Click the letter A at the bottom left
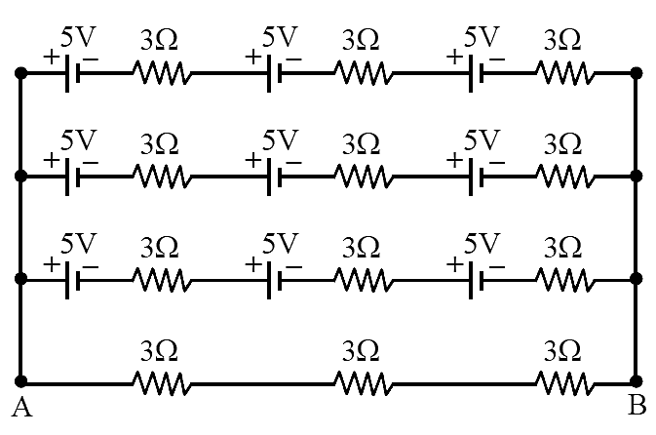tap(21, 408)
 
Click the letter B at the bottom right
tap(637, 406)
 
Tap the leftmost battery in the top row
tap(72, 73)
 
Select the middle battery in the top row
tap(274, 73)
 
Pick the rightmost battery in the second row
tap(476, 177)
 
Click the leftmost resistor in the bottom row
tap(162, 382)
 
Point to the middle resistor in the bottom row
tap(364, 382)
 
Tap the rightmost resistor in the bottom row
tap(565, 382)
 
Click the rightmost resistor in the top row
tap(565, 73)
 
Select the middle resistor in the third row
tap(364, 280)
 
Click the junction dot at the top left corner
tap(20, 73)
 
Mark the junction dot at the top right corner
tap(637, 73)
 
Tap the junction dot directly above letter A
tap(20, 381)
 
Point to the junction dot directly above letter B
tap(637, 381)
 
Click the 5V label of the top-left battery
tap(78, 37)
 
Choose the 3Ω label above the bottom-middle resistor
tap(361, 351)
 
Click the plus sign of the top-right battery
tap(454, 57)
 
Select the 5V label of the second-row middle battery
tap(280, 140)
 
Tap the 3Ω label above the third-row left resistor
tap(160, 248)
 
